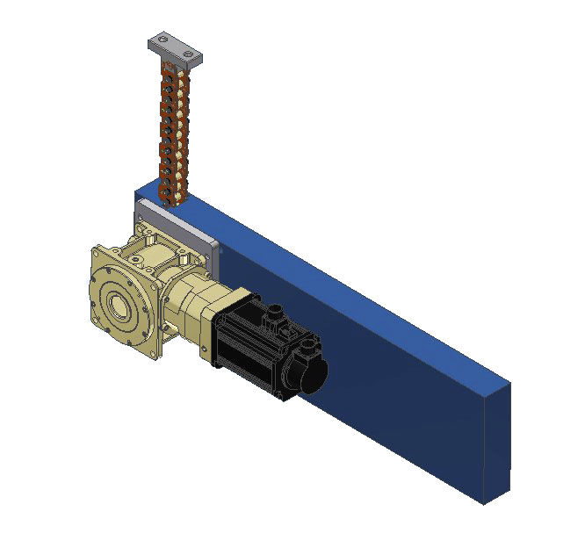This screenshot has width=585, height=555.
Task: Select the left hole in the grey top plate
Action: pos(162,43)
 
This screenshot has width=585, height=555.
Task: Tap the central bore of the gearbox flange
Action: pos(117,307)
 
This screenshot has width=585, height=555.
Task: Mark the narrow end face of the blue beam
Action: pos(496,439)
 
